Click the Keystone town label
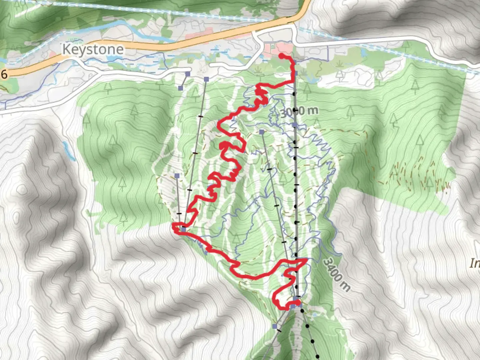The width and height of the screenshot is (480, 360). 93,49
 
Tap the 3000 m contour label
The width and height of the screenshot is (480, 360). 299,111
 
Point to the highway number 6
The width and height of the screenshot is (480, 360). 4,74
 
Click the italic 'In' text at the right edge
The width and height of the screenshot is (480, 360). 475,263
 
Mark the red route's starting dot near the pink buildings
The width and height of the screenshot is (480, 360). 281,55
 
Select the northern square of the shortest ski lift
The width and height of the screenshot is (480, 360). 188,74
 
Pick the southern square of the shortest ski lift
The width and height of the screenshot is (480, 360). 181,88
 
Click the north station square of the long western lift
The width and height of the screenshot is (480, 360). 206,79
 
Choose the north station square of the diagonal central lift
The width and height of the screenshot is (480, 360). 262,132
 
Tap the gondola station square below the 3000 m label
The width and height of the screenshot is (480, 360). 295,125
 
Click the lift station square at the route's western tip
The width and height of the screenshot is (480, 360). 183,229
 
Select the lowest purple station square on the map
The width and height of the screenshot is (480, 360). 275,326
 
